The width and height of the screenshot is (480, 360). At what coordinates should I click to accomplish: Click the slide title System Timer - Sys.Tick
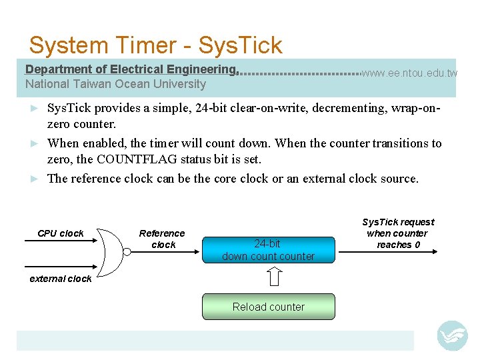pyautogui.click(x=155, y=45)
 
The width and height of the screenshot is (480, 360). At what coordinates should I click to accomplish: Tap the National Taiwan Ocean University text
pyautogui.click(x=115, y=84)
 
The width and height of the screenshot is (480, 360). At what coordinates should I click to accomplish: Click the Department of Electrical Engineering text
pyautogui.click(x=131, y=69)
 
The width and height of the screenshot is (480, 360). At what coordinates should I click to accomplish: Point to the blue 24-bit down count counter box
pyautogui.click(x=268, y=250)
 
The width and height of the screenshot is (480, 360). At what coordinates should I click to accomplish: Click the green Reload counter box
pyautogui.click(x=268, y=307)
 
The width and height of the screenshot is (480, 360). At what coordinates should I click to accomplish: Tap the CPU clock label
pyautogui.click(x=61, y=233)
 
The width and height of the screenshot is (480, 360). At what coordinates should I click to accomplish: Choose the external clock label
pyautogui.click(x=61, y=279)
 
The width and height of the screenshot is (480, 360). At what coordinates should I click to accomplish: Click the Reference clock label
pyautogui.click(x=162, y=239)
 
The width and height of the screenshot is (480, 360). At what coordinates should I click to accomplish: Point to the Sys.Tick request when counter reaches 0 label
pyautogui.click(x=398, y=233)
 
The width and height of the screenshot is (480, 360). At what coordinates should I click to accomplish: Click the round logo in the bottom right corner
pyautogui.click(x=452, y=335)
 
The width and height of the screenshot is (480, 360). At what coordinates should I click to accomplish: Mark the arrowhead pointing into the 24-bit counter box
pyautogui.click(x=197, y=252)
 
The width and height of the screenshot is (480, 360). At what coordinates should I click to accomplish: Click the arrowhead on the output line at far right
pyautogui.click(x=434, y=252)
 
